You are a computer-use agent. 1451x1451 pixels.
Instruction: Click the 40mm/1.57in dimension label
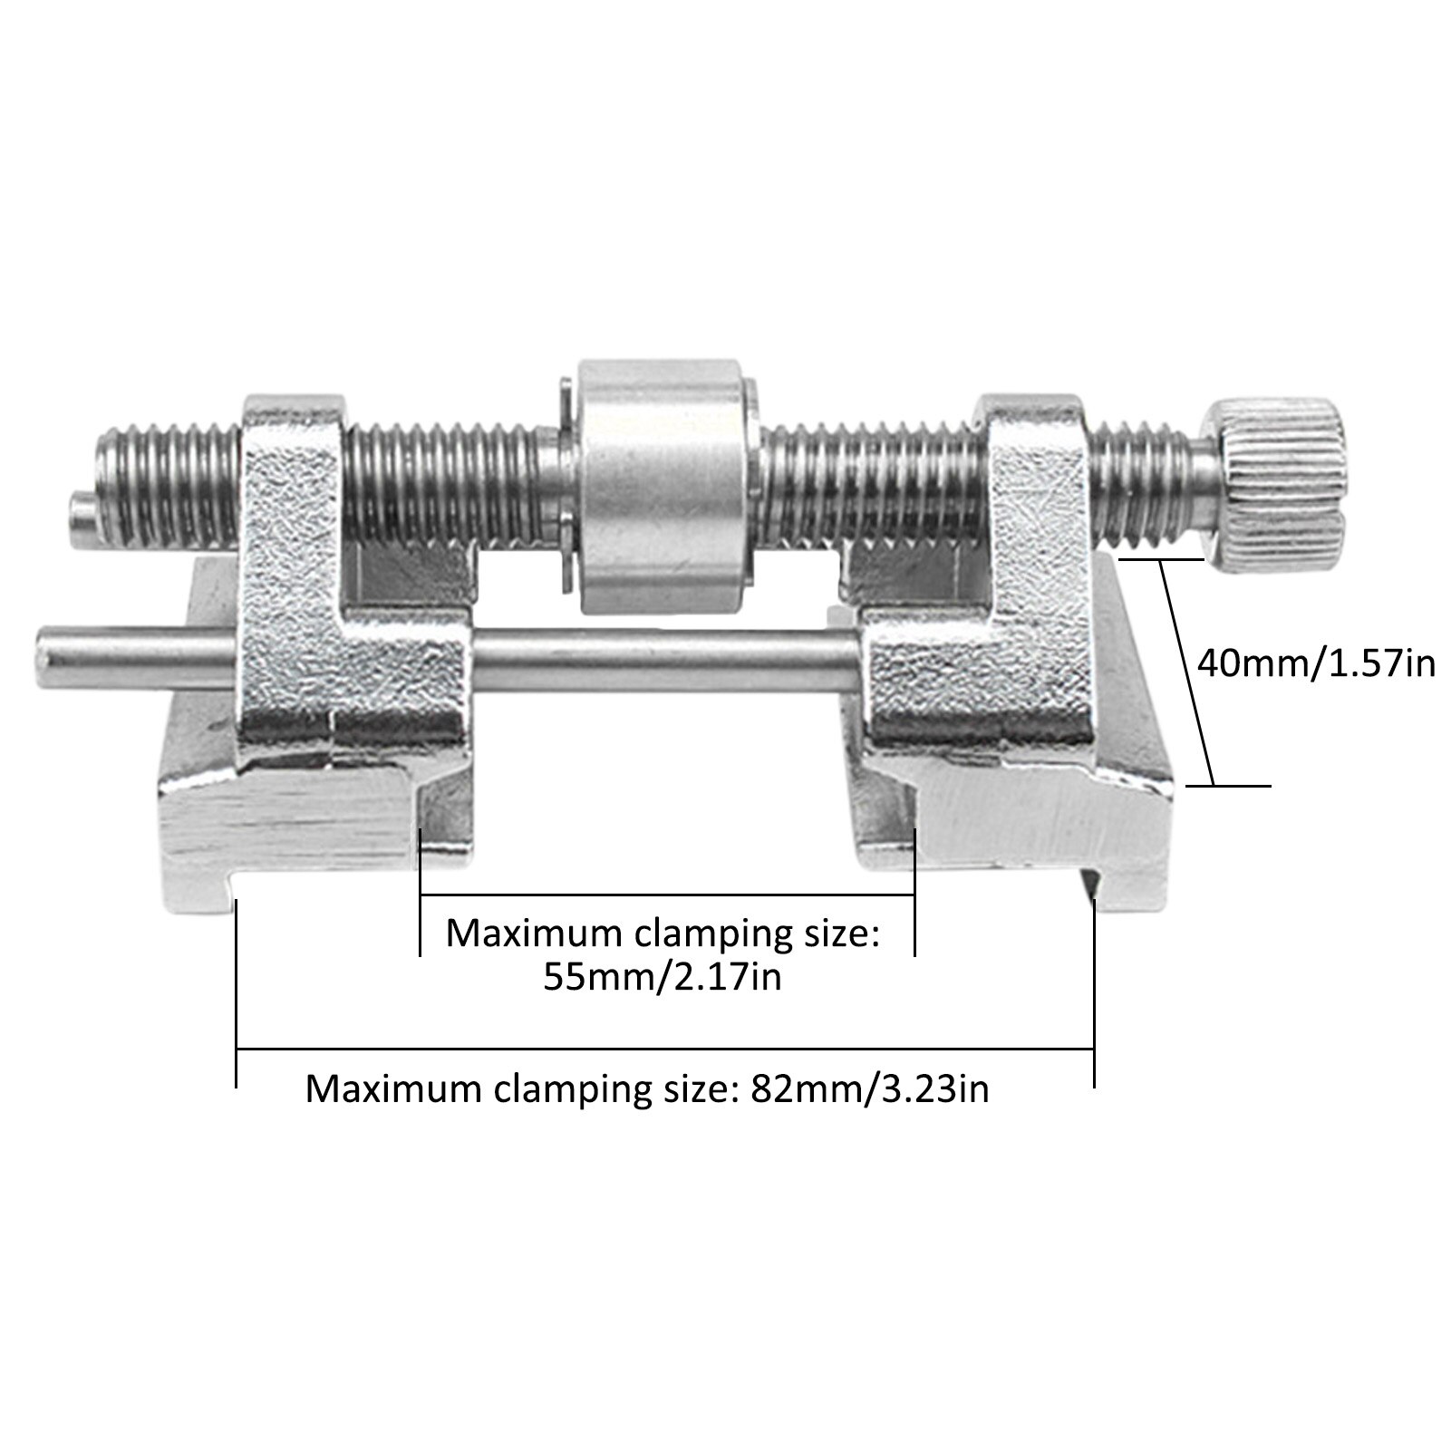pos(1316,663)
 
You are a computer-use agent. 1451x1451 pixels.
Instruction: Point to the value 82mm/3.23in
pos(869,1087)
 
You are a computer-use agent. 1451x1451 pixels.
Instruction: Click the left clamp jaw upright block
pos(290,508)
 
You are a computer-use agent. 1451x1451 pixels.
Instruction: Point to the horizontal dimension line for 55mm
pos(667,895)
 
